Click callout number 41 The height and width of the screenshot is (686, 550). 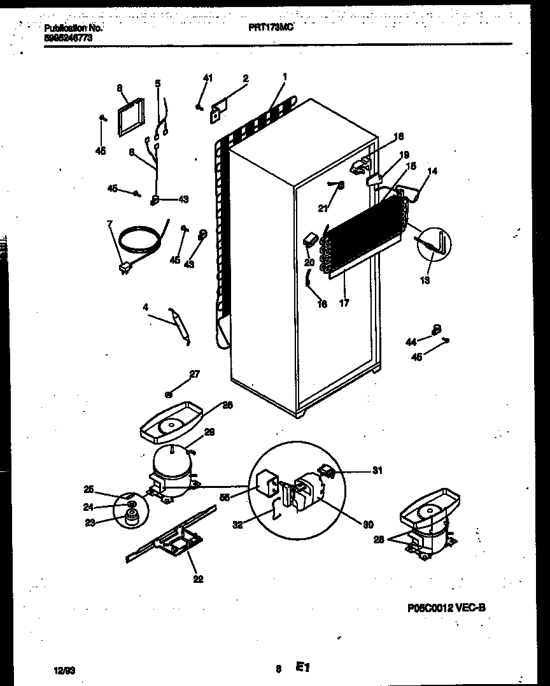[x=208, y=78]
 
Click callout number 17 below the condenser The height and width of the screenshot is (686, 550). [x=344, y=303]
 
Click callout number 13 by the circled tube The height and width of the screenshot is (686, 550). [x=425, y=280]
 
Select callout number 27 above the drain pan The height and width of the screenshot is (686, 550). [x=194, y=374]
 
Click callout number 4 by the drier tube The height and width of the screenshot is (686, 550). [x=145, y=307]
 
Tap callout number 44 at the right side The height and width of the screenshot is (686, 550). [x=411, y=342]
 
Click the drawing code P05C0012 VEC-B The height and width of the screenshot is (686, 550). [x=446, y=608]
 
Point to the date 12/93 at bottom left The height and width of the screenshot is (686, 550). [x=64, y=669]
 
